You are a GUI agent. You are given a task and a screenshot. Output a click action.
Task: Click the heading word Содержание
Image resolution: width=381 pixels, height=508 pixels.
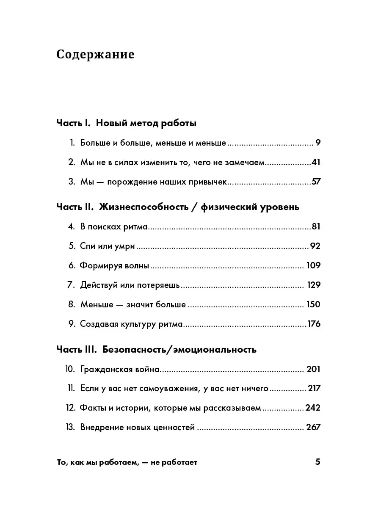tap(95, 55)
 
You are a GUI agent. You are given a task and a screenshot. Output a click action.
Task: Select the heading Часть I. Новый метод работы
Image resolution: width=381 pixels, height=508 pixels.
tap(126, 124)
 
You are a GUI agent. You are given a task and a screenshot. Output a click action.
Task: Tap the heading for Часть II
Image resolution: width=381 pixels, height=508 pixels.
tap(178, 207)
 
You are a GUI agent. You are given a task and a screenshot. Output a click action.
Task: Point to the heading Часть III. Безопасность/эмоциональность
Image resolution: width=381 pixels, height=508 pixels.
tap(156, 350)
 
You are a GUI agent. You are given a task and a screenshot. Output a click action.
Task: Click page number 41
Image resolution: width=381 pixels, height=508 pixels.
tap(316, 162)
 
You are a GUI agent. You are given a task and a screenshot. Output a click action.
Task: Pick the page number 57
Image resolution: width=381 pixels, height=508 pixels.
tap(316, 182)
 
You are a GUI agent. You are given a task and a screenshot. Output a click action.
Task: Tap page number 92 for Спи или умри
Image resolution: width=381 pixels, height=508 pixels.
tap(315, 246)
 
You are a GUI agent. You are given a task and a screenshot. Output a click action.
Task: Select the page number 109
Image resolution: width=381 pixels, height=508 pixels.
tap(313, 266)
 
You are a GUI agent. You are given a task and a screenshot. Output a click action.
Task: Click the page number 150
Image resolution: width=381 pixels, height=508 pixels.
tap(313, 304)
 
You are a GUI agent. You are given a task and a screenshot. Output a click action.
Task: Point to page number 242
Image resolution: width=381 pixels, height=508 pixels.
tap(313, 408)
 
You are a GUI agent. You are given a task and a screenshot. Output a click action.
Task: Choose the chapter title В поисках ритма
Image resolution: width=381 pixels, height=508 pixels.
tap(114, 226)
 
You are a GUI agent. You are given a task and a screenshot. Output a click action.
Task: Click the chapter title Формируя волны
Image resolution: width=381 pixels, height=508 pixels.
tap(115, 266)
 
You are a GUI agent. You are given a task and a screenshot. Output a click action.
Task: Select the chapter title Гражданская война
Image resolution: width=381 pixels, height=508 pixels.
tap(120, 370)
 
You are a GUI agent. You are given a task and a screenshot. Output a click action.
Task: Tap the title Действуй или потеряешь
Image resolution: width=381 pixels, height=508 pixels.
tap(130, 285)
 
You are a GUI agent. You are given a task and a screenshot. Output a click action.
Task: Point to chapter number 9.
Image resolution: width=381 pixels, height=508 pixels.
tap(72, 324)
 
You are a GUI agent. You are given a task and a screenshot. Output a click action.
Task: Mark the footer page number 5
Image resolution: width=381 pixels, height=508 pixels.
tap(318, 462)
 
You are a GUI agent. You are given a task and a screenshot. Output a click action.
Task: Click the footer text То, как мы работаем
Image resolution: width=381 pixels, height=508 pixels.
tap(127, 463)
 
